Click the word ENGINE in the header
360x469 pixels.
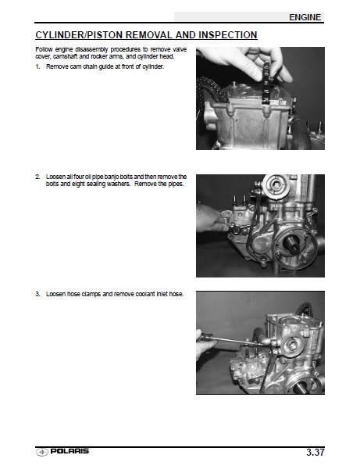click(x=305, y=17)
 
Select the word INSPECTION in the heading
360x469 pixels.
click(x=228, y=35)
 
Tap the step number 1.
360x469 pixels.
click(x=37, y=66)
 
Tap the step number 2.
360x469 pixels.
click(x=37, y=177)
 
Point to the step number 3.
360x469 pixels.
click(x=37, y=294)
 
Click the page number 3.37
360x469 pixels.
click(x=315, y=452)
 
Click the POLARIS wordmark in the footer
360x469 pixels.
click(x=70, y=451)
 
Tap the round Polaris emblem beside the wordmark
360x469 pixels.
click(x=42, y=452)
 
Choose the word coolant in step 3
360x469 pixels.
click(x=145, y=294)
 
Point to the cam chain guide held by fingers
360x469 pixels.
click(x=266, y=84)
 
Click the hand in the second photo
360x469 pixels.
click(x=210, y=219)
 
